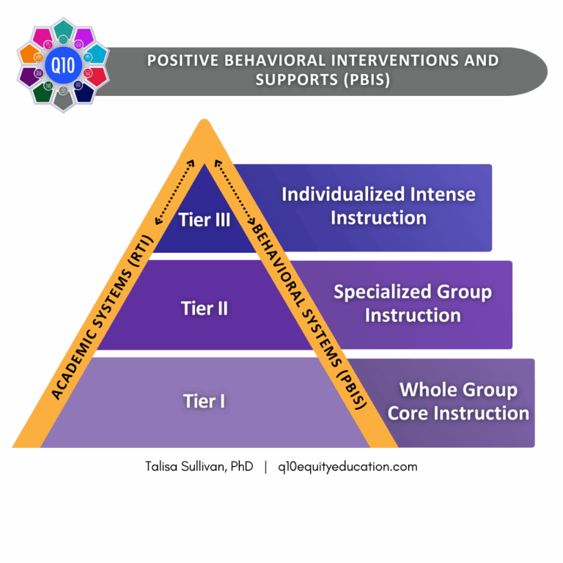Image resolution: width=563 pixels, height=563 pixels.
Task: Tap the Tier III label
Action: click(205, 219)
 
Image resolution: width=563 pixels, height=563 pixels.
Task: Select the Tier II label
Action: click(205, 309)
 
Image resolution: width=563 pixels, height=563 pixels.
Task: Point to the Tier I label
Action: click(205, 401)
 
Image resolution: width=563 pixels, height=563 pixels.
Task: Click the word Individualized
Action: click(341, 194)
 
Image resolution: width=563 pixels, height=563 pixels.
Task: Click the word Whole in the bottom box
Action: click(428, 389)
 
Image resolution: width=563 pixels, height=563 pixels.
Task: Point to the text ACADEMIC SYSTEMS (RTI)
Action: click(103, 316)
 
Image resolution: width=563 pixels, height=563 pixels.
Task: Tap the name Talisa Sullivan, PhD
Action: click(199, 466)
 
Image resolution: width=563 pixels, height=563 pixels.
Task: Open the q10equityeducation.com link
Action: click(347, 466)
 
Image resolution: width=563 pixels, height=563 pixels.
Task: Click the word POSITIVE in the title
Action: click(183, 60)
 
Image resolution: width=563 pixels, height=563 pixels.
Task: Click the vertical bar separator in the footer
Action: click(265, 466)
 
